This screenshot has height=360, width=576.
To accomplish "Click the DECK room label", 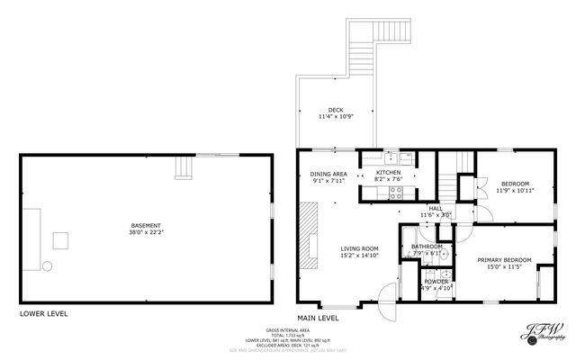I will (x=335, y=110).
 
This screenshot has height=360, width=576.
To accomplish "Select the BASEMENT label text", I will (x=145, y=225).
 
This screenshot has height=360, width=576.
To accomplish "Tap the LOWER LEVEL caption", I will (x=44, y=314).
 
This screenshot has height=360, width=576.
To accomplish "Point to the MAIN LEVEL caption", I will (x=318, y=318).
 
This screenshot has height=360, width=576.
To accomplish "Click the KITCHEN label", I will (x=388, y=172).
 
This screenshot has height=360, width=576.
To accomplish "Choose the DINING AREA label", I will (x=328, y=174).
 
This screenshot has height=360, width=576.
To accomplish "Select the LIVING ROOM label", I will (x=358, y=248).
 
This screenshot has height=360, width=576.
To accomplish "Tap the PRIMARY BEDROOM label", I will (x=504, y=260).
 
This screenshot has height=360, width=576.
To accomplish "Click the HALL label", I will (x=435, y=208).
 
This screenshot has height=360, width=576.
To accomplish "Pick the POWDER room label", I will (x=436, y=282).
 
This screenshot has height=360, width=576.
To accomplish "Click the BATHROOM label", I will (x=427, y=247).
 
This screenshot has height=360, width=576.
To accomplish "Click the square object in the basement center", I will (x=61, y=240).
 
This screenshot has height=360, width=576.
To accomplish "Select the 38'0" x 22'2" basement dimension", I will (x=145, y=232).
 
